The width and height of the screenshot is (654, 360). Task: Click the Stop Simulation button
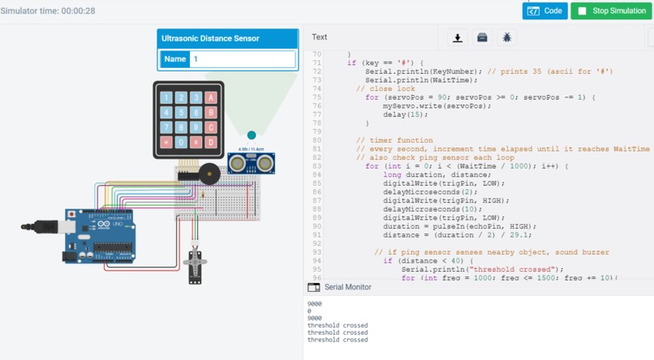point(611,11)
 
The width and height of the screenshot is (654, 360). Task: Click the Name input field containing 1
point(243,59)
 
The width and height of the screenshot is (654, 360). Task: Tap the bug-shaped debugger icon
point(507,37)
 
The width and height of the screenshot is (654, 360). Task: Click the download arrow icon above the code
point(458,37)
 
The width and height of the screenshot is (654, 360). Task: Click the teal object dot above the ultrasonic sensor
point(251,135)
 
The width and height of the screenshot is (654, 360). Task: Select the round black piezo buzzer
point(210,174)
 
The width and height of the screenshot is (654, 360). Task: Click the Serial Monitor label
point(347,287)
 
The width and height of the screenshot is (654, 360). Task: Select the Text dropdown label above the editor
point(320,37)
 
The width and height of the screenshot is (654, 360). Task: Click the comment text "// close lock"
point(385,88)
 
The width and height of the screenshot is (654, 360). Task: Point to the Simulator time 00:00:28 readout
point(48,11)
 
